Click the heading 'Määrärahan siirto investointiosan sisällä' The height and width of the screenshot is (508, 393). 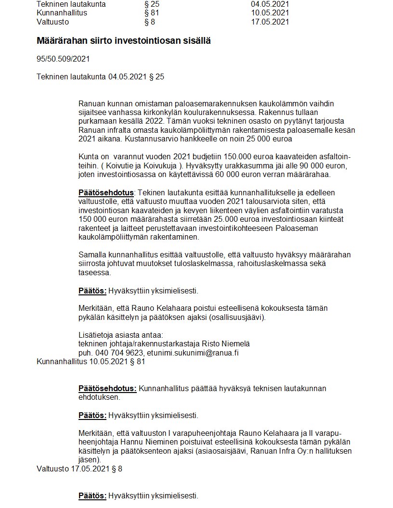pyautogui.click(x=123, y=41)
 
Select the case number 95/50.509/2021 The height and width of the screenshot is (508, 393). pyautogui.click(x=63, y=59)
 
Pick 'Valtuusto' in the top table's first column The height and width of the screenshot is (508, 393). pyautogui.click(x=52, y=22)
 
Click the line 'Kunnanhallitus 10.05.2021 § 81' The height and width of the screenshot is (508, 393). pyautogui.click(x=91, y=361)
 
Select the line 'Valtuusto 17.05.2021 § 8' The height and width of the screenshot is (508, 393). pyautogui.click(x=79, y=468)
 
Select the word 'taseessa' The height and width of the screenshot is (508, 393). pyautogui.click(x=94, y=272)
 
